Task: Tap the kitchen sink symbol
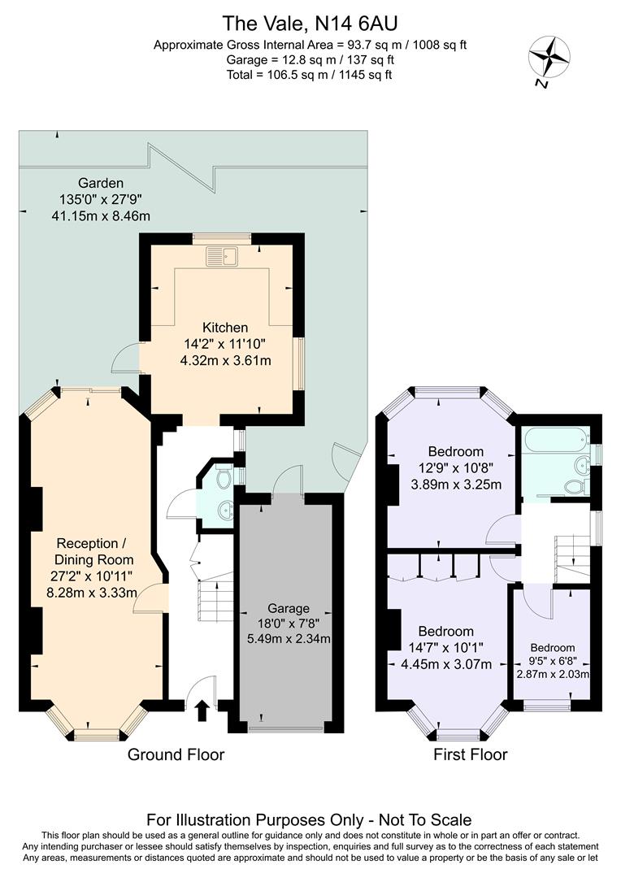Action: coord(220,256)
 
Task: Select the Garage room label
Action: coord(289,608)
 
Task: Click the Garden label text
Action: coord(101,182)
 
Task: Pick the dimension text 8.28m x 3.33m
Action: coord(91,593)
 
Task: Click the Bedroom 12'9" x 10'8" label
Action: coord(455,451)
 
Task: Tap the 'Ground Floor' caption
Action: coord(176,754)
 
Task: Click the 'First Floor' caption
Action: coord(470,754)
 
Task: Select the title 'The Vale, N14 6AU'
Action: coord(310,24)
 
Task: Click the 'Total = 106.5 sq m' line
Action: coord(310,75)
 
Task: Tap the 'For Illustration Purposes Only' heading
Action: coord(309,819)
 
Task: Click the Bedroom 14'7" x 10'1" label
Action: coord(445,632)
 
